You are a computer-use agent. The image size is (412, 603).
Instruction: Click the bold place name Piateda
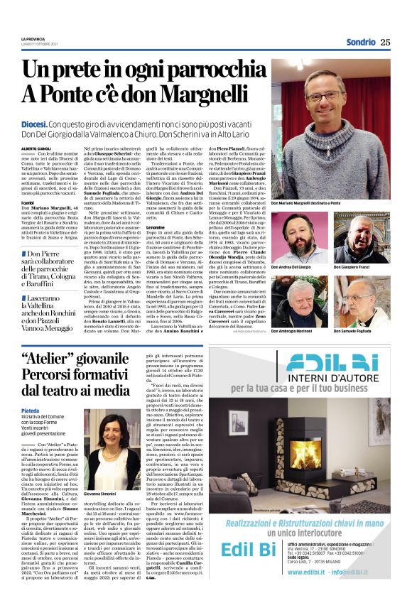click(x=31, y=410)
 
